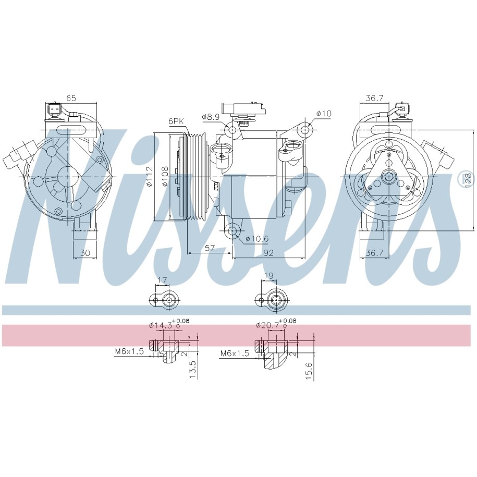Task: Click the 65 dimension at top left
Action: point(71,98)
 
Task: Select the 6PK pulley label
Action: point(176,121)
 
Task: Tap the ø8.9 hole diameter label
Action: point(211,116)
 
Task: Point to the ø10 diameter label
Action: point(324,114)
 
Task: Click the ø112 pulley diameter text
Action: point(149,176)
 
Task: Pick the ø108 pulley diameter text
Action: point(165,176)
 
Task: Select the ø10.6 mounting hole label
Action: point(257,239)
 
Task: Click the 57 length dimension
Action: point(210,248)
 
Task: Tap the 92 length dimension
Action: point(268,253)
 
